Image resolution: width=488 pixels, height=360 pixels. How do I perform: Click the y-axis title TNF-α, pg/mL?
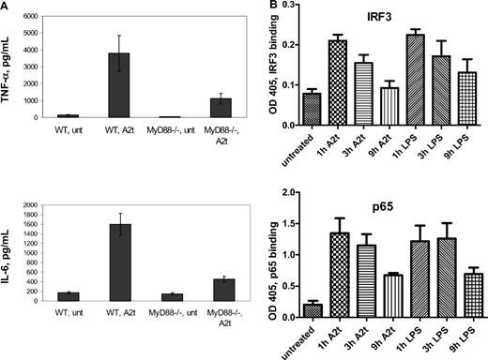click(x=10, y=66)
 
